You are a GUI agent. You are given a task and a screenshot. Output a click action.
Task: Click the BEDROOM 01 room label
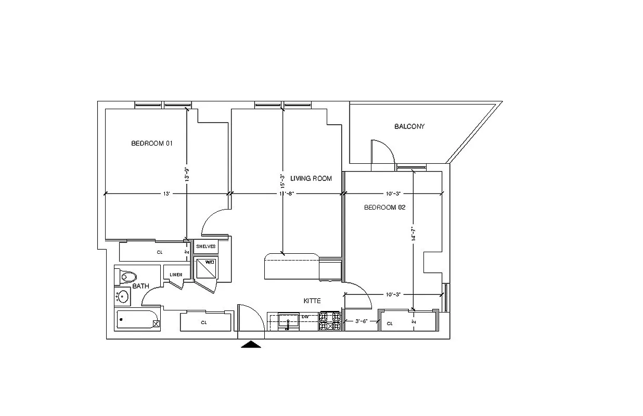pos(151,144)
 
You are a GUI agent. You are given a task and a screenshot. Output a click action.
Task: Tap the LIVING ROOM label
pos(311,178)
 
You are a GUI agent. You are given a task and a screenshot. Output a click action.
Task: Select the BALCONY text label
pos(409,126)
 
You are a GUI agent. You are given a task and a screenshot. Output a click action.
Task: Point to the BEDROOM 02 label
pos(384,207)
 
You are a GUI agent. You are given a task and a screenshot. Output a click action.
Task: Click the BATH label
pos(140,286)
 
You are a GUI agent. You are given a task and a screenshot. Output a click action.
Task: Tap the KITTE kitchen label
pos(312,301)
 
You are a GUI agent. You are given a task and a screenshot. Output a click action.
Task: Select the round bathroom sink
pos(123,296)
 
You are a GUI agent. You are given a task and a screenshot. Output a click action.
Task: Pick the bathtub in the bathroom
pos(137,320)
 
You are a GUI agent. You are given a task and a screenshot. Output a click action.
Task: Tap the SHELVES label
pos(206,246)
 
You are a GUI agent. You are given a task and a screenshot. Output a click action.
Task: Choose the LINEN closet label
pos(176,275)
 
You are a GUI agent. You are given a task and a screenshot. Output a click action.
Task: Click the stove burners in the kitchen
pos(330,321)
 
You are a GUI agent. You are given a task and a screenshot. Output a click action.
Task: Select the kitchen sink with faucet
pos(288,321)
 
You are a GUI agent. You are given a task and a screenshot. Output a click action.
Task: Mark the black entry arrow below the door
pos(251,344)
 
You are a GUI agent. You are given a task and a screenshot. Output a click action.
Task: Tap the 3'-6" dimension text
pos(361,321)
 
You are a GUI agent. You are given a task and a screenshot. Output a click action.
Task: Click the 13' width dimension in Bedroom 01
pos(166,193)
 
